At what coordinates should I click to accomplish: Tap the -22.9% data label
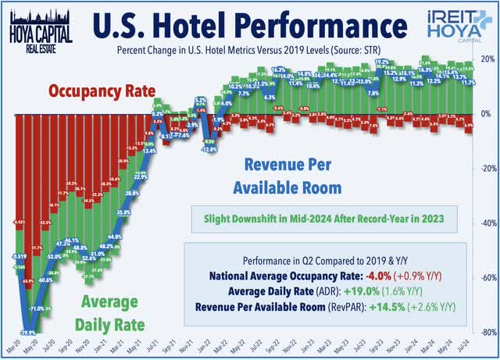click(x=140, y=176)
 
